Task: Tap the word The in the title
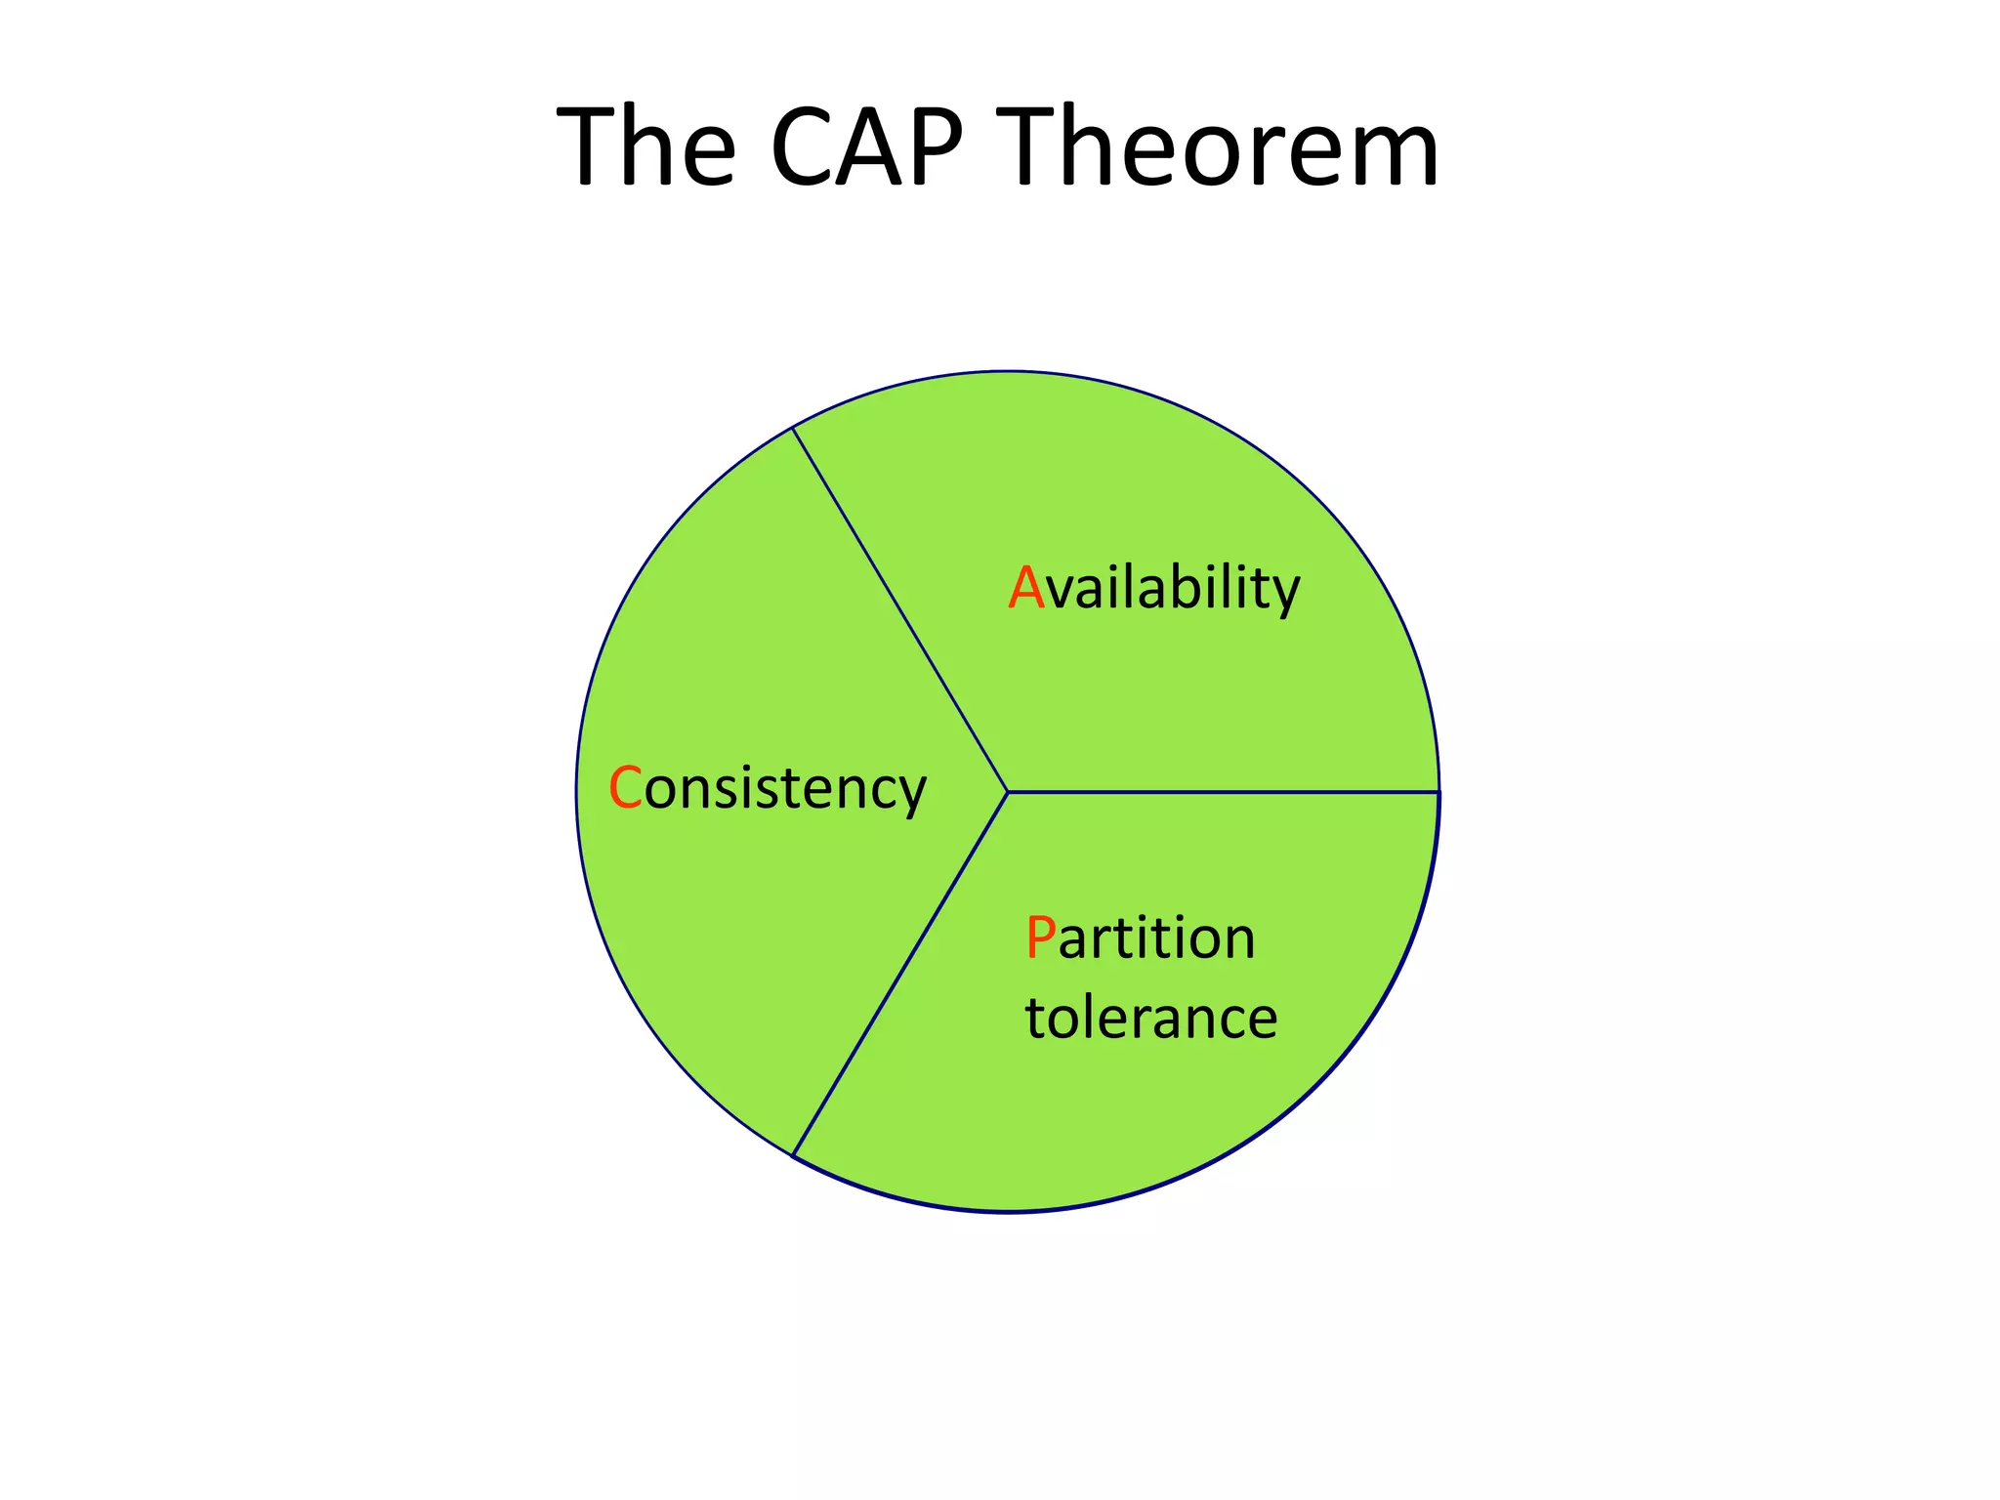(646, 148)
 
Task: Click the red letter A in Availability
(1026, 589)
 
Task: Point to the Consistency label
(767, 789)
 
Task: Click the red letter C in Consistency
(625, 789)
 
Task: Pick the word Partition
(1140, 938)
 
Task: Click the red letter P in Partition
(1041, 938)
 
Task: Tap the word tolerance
(1150, 1019)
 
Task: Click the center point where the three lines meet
(1007, 791)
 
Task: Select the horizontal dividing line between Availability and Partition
(1221, 791)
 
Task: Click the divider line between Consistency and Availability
(899, 609)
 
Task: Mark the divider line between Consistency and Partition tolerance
(899, 974)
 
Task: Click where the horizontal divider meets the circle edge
(1438, 791)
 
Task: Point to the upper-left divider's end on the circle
(793, 428)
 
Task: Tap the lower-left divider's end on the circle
(793, 1155)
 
